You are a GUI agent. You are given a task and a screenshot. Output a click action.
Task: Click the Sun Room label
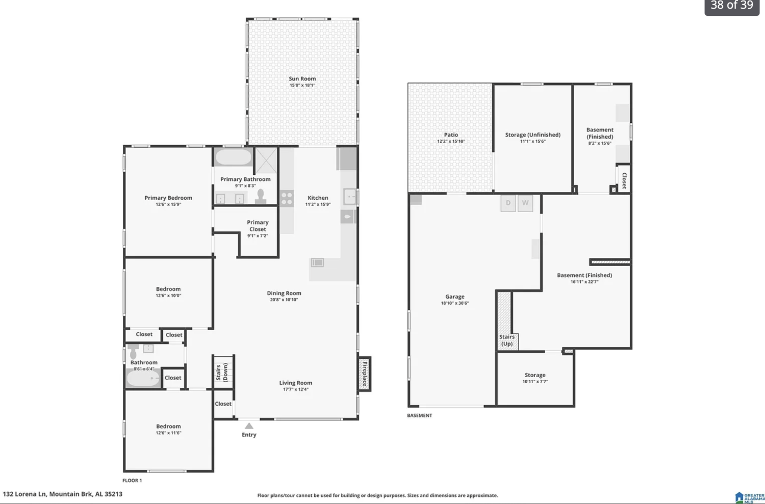coord(302,78)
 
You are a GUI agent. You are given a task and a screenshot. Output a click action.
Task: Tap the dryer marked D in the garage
coord(508,203)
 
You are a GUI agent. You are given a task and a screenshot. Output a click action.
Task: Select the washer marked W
coord(525,203)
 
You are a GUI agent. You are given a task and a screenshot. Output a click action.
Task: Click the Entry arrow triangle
coord(249,426)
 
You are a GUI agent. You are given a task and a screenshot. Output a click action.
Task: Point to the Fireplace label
coord(365,374)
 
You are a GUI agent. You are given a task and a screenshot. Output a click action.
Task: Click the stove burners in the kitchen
coord(287,199)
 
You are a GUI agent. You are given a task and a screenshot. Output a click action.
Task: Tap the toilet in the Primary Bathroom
coord(261,197)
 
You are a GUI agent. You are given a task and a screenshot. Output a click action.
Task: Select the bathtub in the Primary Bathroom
coord(234,157)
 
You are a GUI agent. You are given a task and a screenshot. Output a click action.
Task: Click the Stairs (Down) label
coord(222,373)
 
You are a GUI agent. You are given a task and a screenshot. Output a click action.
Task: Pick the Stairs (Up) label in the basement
coord(507,340)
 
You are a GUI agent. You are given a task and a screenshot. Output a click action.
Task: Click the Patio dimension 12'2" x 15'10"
coord(451,141)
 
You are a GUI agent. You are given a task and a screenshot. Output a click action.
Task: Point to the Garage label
coord(455,297)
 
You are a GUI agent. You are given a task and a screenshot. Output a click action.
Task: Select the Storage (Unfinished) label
coord(533,135)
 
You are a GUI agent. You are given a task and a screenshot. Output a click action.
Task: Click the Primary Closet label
coord(258,226)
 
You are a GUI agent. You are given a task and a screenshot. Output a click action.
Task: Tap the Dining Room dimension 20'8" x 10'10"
coord(284,300)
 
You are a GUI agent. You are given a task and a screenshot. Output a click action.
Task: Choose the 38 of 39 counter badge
coord(732,6)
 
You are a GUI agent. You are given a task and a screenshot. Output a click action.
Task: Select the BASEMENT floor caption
coord(419,415)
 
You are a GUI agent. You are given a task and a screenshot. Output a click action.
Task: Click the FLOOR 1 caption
coord(132,481)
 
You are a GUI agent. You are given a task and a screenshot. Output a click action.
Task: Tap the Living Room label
coord(295,383)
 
